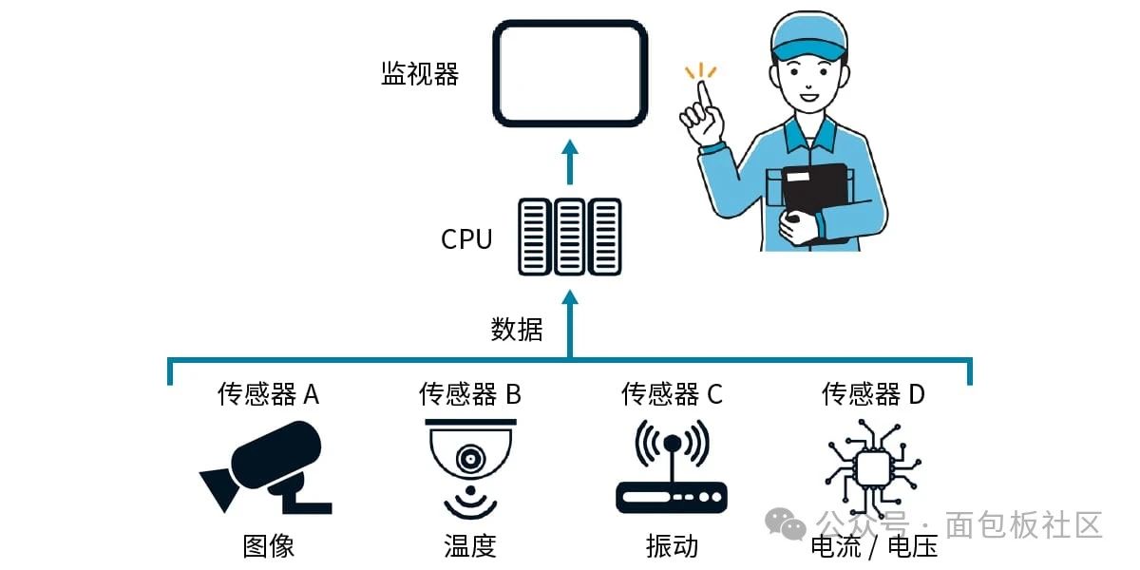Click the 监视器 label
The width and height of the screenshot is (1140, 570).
(420, 74)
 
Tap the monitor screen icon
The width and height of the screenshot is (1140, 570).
(571, 73)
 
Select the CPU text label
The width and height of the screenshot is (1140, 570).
(466, 238)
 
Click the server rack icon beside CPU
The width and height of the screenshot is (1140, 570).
(570, 237)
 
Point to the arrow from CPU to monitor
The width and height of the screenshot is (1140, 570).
(570, 162)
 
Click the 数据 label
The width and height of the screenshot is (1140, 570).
(517, 330)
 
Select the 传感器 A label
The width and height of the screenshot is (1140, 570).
(269, 393)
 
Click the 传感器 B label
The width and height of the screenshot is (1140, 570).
(470, 393)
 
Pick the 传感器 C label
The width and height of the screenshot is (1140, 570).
(672, 393)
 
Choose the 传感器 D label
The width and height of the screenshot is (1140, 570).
(873, 393)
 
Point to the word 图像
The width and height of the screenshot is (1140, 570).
(269, 545)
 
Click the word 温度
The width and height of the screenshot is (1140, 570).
(470, 545)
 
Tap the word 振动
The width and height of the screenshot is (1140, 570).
(672, 545)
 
